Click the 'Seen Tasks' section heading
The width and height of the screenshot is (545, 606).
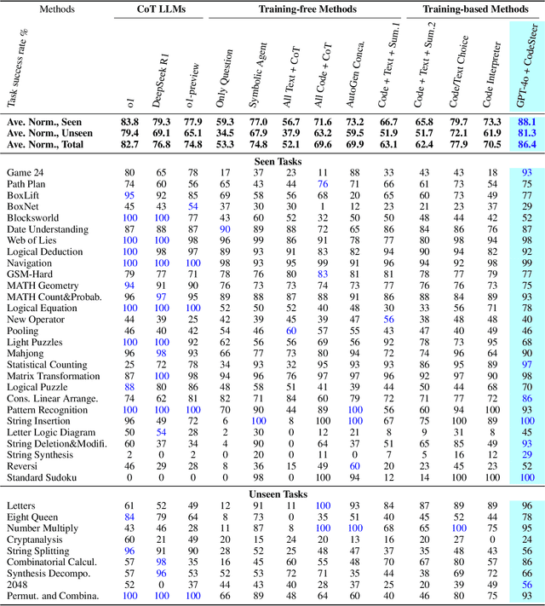point(272,159)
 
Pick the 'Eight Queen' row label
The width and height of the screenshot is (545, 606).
point(31,517)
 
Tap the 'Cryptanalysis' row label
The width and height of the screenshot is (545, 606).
point(34,540)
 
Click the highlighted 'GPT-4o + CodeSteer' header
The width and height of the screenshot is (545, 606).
point(526,64)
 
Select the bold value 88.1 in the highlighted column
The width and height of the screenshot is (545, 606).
point(526,122)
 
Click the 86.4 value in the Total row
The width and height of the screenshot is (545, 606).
point(526,146)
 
